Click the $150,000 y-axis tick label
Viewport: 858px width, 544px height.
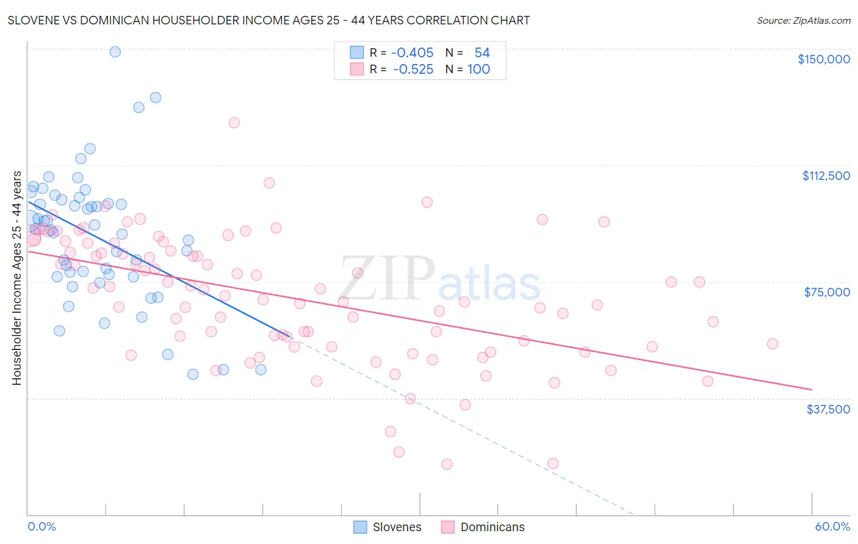[823, 59]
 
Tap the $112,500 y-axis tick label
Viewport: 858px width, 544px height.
[826, 176]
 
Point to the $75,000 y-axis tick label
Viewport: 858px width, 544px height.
[827, 292]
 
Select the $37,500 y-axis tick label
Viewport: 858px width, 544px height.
[828, 409]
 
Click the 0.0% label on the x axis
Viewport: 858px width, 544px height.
[41, 526]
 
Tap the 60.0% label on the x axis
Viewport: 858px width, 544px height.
[832, 526]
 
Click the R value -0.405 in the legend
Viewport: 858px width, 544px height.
[412, 53]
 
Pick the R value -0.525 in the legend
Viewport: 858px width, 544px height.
[413, 70]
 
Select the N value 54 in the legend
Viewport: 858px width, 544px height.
[482, 53]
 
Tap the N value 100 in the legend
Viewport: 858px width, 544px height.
[478, 70]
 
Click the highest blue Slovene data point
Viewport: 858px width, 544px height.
[115, 52]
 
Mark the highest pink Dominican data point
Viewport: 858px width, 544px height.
[234, 123]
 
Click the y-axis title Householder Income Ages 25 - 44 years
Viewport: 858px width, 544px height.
[16, 278]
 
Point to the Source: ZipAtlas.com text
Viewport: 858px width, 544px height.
[803, 20]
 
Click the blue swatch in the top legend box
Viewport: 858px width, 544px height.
[357, 52]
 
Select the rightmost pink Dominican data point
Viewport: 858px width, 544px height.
[773, 344]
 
